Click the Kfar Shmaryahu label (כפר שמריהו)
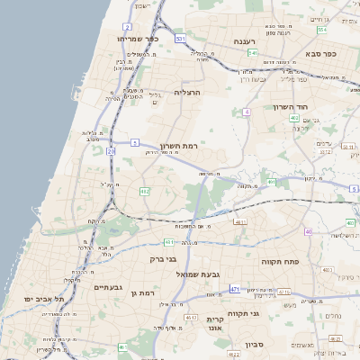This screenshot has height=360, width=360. point(138,39)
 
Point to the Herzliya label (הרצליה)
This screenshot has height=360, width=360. point(187,92)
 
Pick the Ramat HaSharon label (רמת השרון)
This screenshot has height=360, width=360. point(177,146)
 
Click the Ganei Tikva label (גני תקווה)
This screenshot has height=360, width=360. point(269,313)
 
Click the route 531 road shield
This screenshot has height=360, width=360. point(181,40)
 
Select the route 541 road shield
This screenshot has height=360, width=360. point(254,53)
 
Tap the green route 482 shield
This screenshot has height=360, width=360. point(145,191)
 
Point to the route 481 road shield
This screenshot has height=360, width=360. point(168,242)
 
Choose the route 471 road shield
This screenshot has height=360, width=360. point(235,289)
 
